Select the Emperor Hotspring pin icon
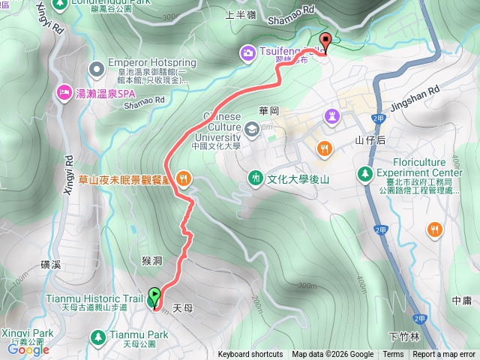(96, 70)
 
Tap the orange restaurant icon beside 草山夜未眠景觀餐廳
(184, 179)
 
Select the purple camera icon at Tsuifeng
(247, 52)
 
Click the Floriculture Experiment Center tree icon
(365, 173)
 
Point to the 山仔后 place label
(370, 140)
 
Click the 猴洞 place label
(151, 260)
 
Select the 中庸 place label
(462, 300)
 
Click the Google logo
(28, 349)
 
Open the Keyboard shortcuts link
(250, 355)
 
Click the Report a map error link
(444, 355)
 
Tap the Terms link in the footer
(393, 355)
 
